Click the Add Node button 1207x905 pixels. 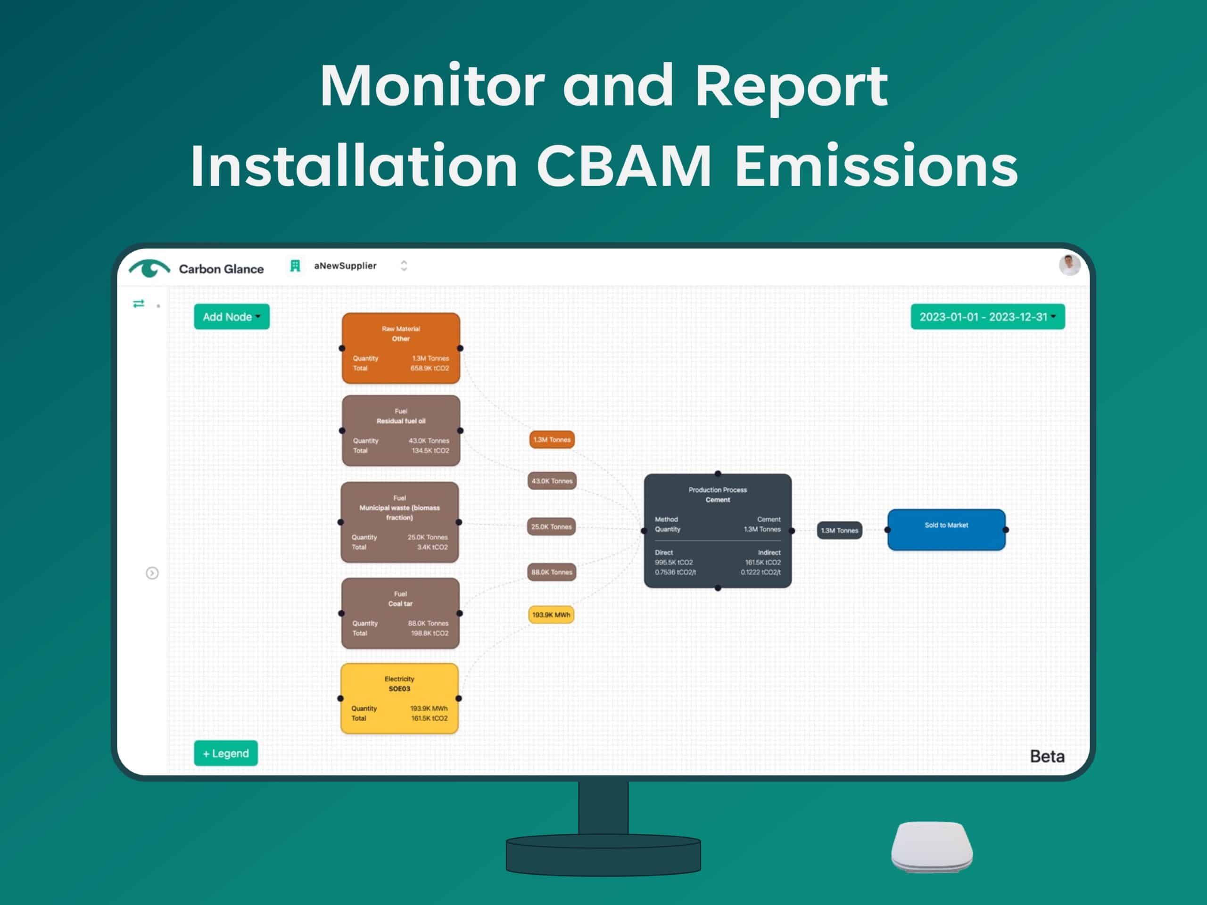[x=231, y=316]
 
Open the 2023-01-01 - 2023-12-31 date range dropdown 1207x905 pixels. [x=988, y=316]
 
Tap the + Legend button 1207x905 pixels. [x=226, y=753]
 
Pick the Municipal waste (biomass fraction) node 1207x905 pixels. [x=399, y=522]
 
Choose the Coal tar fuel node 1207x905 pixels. [x=400, y=613]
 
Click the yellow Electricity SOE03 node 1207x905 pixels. [x=399, y=698]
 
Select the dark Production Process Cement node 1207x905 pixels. [x=718, y=531]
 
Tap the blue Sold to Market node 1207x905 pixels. [x=947, y=530]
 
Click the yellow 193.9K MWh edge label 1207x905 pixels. [x=551, y=615]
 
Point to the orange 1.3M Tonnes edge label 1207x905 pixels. [x=552, y=440]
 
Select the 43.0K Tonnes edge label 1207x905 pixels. [x=552, y=481]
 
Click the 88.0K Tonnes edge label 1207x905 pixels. [x=552, y=572]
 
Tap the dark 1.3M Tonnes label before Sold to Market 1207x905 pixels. [x=840, y=530]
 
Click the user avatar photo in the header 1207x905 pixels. [x=1069, y=265]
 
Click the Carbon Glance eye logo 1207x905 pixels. [x=149, y=268]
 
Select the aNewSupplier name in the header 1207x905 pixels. [x=345, y=266]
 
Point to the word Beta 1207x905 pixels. [x=1047, y=757]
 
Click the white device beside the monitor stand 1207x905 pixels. [x=932, y=847]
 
